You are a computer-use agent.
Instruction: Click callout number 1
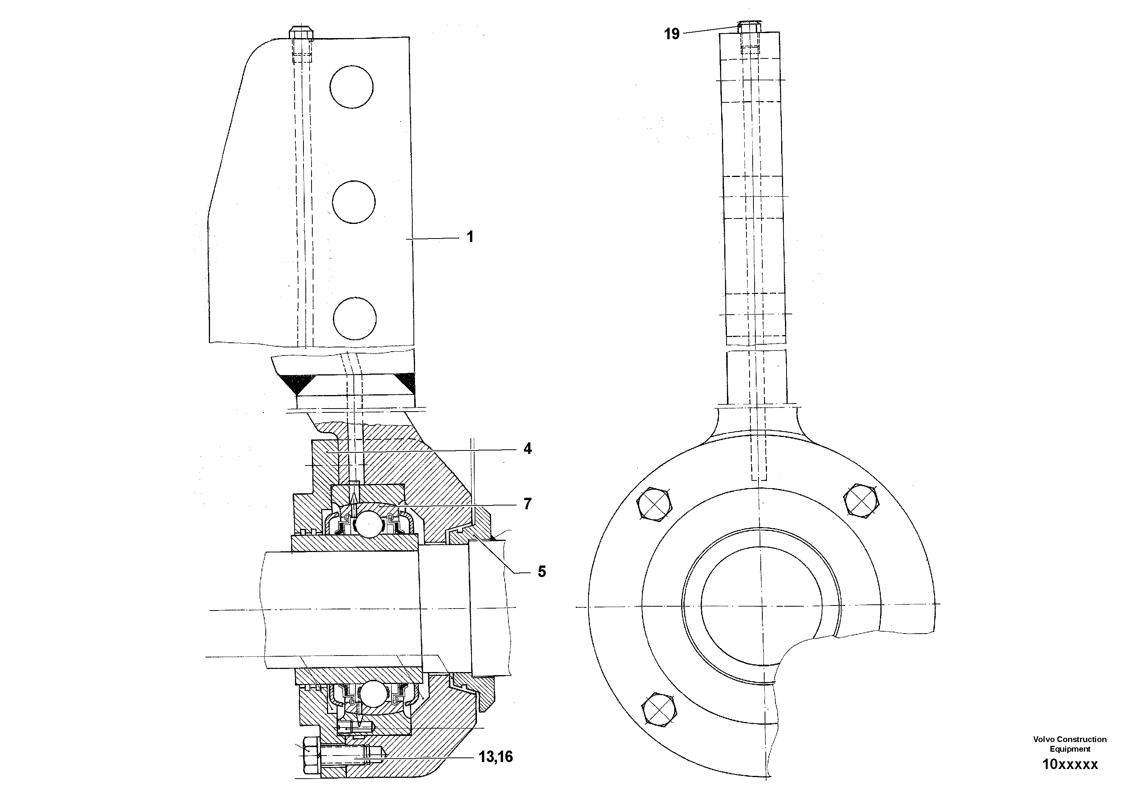469,237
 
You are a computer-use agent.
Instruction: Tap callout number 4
527,449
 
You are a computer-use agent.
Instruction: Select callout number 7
527,504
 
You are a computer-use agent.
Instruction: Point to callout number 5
542,572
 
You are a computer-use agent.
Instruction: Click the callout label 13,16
495,757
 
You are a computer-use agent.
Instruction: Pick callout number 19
672,34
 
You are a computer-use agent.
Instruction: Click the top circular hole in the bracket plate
351,86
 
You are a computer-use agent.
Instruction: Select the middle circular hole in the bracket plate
353,202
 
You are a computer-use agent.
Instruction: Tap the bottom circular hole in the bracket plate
355,319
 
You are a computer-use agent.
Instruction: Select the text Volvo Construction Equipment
1070,744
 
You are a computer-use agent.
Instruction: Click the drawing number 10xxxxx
1070,764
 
